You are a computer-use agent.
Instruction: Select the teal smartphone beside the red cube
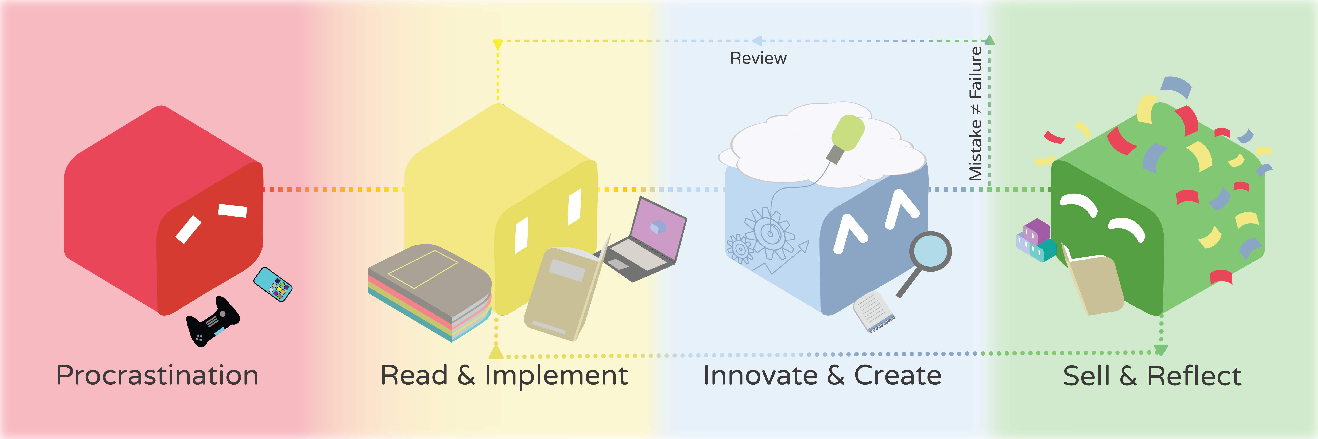[x=273, y=284]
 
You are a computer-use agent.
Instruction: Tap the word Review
[x=758, y=58]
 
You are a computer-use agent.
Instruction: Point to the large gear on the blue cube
[x=769, y=233]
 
